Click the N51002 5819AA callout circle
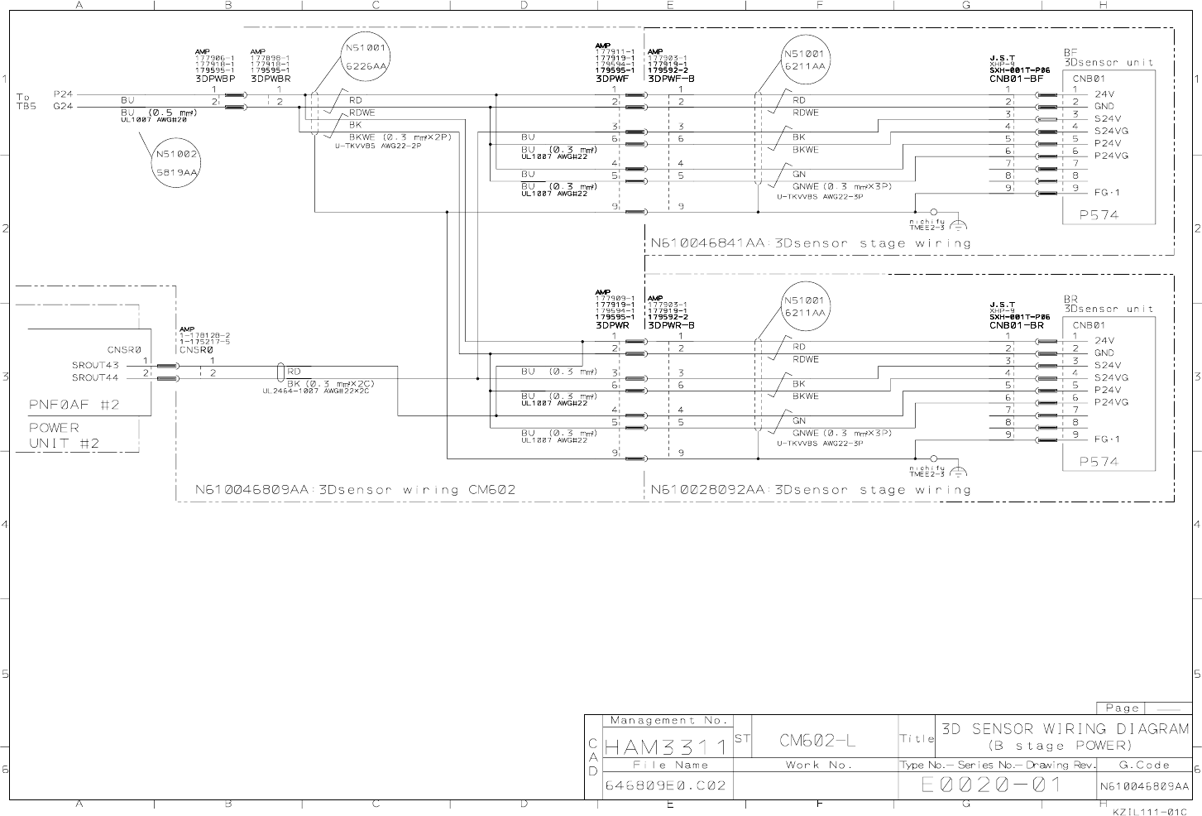[176, 163]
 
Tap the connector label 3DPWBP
[215, 79]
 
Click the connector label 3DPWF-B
[671, 79]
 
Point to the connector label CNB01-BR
[1016, 325]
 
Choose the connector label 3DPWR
[612, 325]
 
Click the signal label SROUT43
[95, 365]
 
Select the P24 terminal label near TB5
[63, 94]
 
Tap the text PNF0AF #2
[74, 405]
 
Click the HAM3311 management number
[667, 747]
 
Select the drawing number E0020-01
[991, 785]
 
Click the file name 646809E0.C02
[666, 785]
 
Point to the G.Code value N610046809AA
[1144, 786]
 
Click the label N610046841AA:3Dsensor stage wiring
[810, 243]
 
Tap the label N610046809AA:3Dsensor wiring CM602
[355, 489]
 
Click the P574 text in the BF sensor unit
[1099, 214]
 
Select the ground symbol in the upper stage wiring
[958, 225]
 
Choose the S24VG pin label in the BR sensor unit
[1111, 377]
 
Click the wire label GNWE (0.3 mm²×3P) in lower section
[842, 433]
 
